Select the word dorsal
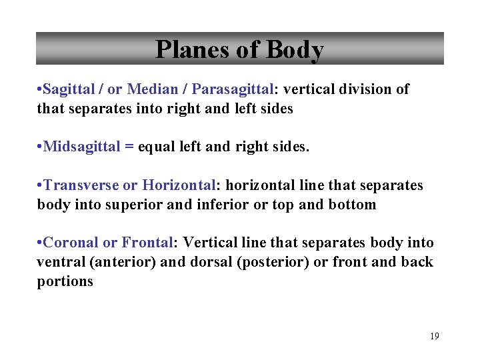pos(211,262)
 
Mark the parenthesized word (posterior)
pos(273,262)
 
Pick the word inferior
pos(221,205)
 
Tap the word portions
pos(65,281)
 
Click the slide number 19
pos(435,337)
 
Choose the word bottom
pos(352,205)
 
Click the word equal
pos(155,147)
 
